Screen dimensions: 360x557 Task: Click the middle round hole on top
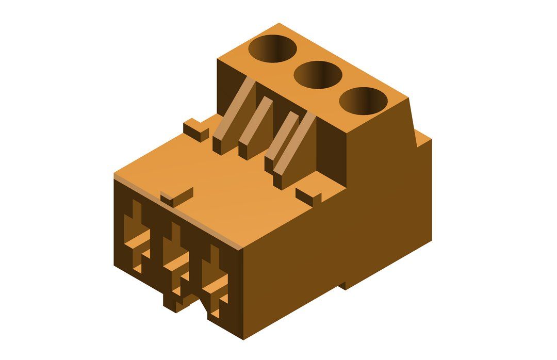[318, 75]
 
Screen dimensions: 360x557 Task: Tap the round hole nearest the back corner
[273, 49]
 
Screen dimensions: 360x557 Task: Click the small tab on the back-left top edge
[195, 129]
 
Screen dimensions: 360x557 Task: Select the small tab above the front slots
[177, 196]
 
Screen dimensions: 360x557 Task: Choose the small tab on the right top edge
[308, 195]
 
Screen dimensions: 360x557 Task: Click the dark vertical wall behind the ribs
[330, 155]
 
